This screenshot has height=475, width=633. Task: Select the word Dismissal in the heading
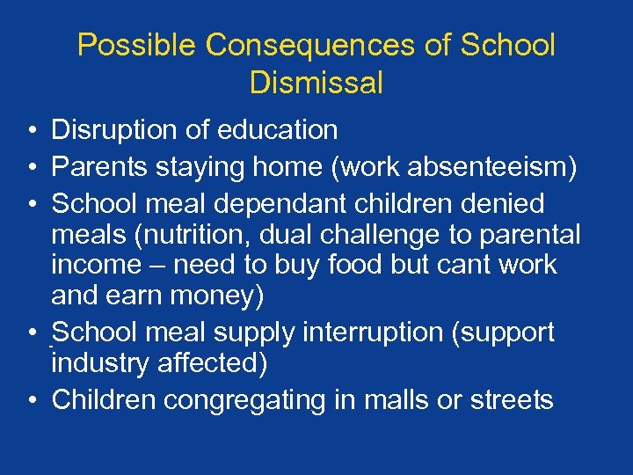(x=316, y=84)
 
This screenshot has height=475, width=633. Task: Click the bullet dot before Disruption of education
(x=31, y=131)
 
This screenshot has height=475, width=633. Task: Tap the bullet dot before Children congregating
(x=31, y=401)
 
